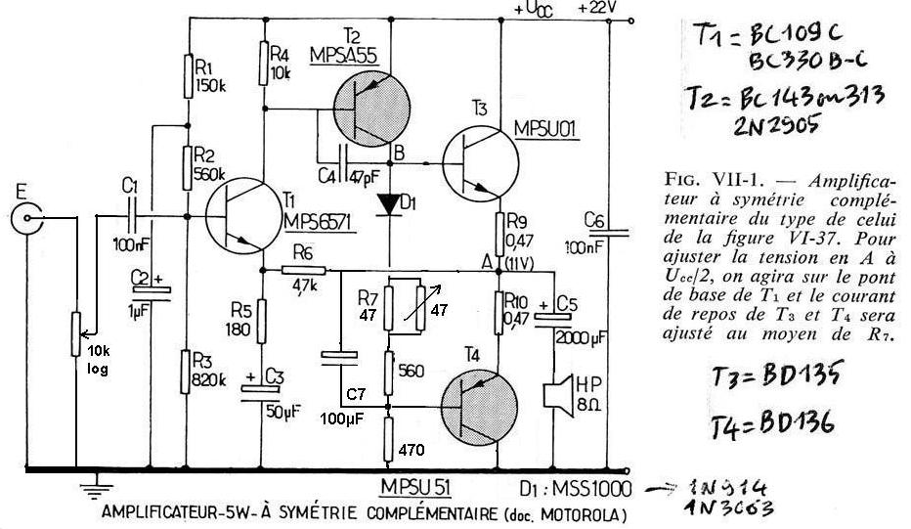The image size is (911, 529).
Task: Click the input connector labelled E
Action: point(27,219)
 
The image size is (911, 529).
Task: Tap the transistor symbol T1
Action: point(240,215)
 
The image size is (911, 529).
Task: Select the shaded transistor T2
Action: point(368,109)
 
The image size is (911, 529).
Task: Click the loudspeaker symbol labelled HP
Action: point(560,391)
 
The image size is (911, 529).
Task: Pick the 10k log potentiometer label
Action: point(100,360)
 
